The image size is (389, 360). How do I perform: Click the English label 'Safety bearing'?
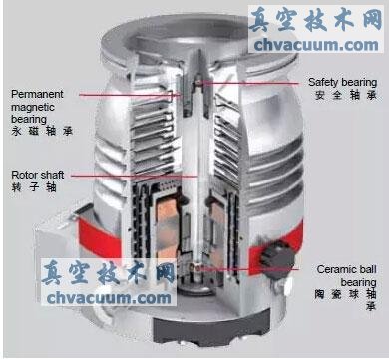(x=342, y=82)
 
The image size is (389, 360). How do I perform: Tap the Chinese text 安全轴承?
(x=346, y=95)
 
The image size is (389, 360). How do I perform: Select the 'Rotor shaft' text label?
(x=38, y=175)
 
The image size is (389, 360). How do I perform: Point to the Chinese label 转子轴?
(x=34, y=187)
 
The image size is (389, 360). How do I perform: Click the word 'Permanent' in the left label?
(x=37, y=94)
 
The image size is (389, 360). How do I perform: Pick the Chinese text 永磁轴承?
(x=42, y=131)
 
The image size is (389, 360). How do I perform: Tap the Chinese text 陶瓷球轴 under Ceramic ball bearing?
(x=345, y=294)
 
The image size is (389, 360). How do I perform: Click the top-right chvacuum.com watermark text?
(x=316, y=45)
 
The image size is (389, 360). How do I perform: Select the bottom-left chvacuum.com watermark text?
(x=109, y=298)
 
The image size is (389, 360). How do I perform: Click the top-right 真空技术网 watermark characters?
(x=316, y=20)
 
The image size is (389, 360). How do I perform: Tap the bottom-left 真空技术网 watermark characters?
(x=109, y=273)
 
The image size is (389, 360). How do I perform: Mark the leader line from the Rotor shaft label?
(x=135, y=176)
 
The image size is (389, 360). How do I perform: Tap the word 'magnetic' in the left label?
(x=33, y=107)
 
